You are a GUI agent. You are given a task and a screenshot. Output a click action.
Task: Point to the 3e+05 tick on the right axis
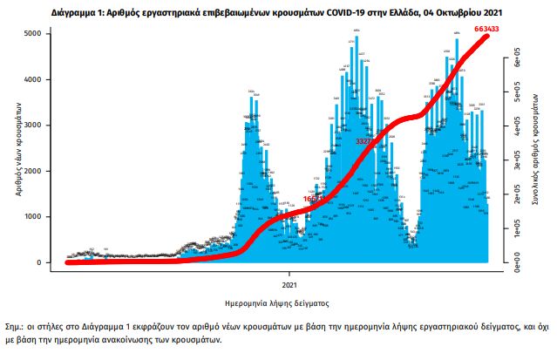click(515, 161)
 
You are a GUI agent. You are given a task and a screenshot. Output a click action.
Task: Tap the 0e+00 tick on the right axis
click(515, 258)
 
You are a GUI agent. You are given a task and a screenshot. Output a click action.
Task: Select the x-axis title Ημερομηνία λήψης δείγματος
click(276, 302)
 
